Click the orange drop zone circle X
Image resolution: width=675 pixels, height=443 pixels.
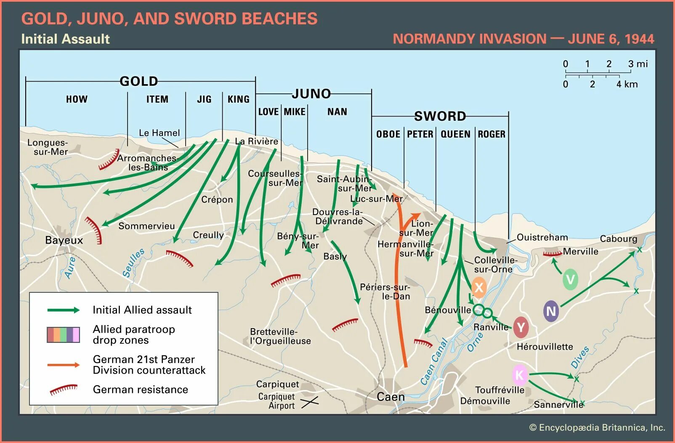[x=478, y=288]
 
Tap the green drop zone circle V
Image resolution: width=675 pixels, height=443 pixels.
[x=570, y=279]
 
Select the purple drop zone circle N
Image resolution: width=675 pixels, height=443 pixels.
[x=551, y=311]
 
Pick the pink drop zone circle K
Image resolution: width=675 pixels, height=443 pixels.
[x=520, y=375]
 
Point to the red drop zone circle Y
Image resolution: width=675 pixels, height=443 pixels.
[x=521, y=327]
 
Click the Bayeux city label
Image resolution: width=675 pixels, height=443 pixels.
[x=64, y=240]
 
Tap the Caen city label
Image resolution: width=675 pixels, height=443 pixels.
[x=391, y=397]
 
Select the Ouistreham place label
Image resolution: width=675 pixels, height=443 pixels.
[x=542, y=237]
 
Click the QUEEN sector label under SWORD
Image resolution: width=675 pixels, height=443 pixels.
[x=455, y=134]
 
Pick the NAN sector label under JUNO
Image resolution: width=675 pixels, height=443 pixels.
[x=337, y=112]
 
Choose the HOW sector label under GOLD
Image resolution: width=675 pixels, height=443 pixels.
[x=77, y=99]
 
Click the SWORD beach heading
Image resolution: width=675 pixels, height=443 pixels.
[x=440, y=116]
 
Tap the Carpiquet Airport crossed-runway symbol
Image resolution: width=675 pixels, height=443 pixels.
[x=309, y=402]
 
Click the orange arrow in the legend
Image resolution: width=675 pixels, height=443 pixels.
[x=63, y=365]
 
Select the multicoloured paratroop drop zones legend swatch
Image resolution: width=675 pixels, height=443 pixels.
[x=63, y=334]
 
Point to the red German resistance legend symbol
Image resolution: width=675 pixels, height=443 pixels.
[x=64, y=390]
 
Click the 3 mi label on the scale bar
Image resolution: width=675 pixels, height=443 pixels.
[x=638, y=64]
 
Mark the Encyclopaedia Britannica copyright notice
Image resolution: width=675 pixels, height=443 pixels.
[x=597, y=428]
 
